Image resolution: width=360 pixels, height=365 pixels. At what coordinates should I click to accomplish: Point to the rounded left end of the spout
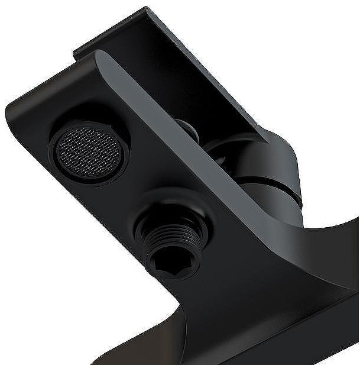18,118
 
